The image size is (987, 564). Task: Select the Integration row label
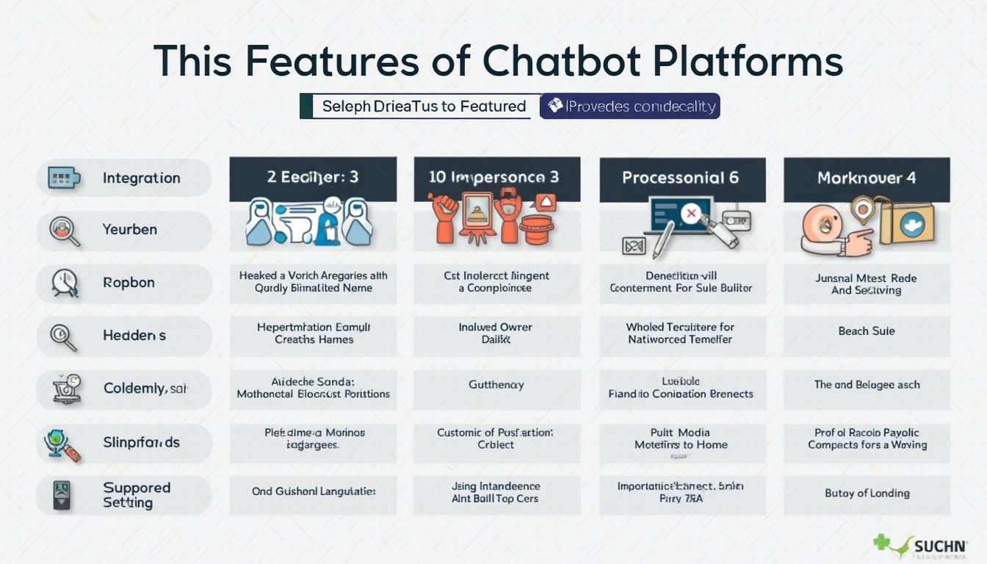[141, 178]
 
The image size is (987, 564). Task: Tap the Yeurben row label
[129, 230]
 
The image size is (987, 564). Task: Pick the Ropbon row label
[129, 283]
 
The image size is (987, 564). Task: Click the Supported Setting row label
[136, 495]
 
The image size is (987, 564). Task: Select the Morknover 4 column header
[867, 178]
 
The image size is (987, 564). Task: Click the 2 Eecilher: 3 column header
[313, 178]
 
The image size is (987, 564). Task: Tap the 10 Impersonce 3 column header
[496, 178]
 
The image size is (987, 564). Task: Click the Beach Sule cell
[867, 331]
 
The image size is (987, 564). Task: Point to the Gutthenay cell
[496, 384]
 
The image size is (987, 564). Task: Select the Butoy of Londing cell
[867, 493]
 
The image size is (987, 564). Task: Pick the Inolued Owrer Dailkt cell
[496, 333]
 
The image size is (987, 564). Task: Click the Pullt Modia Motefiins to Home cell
[681, 438]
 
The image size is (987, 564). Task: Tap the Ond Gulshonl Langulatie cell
[314, 491]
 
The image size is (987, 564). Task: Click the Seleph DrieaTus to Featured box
[416, 106]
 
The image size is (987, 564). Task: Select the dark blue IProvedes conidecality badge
[630, 106]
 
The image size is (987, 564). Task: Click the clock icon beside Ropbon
[65, 283]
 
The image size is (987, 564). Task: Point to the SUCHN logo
[919, 546]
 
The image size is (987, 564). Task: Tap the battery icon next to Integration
[63, 178]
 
